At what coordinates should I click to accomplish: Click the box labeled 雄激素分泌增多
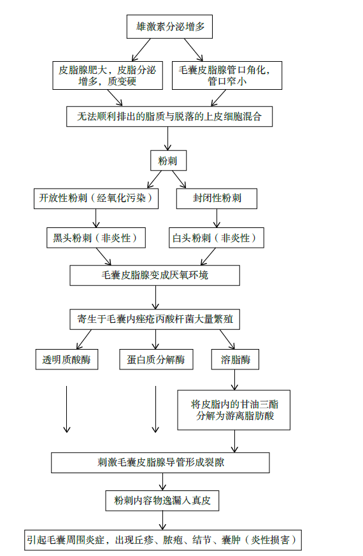169,27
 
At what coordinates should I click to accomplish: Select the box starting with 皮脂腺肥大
108,76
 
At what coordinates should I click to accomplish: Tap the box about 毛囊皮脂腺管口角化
227,76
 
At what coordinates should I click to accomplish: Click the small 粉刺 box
168,160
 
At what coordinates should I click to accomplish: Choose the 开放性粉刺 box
96,199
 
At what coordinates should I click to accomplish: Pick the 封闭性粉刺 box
217,199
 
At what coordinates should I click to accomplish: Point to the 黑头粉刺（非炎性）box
96,238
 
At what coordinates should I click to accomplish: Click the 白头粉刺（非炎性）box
217,238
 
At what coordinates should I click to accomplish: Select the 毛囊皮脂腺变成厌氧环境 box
155,276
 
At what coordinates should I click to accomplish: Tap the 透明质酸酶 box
67,360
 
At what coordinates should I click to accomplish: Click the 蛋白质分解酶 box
156,360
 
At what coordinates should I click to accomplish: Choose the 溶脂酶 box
235,360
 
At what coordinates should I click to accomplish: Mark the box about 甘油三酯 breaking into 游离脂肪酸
234,410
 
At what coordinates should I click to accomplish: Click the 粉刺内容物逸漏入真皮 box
162,501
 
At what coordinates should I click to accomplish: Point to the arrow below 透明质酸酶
67,410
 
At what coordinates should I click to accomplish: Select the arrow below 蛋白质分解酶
155,410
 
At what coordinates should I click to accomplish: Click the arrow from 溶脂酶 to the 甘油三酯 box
234,380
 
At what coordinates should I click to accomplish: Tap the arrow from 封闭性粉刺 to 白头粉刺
217,218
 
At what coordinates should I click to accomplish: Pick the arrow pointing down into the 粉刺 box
168,139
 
